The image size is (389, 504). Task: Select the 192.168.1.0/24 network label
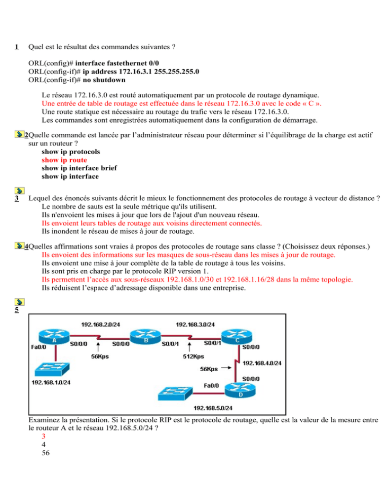point(51,382)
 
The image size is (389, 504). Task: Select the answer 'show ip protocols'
point(71,152)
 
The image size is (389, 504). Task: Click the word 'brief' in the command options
point(109,168)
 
